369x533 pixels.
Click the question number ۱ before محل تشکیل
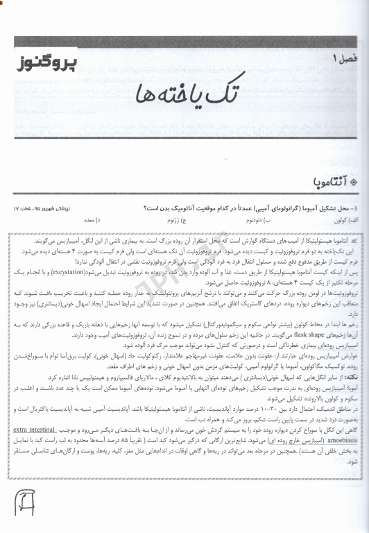[354, 208]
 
